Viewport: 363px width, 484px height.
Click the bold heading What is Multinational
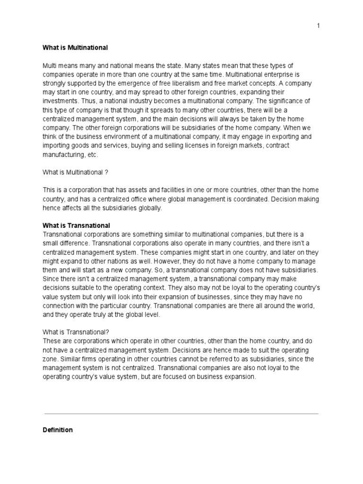click(x=75, y=48)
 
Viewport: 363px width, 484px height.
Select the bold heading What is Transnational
click(x=76, y=225)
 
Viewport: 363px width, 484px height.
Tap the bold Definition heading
click(x=58, y=430)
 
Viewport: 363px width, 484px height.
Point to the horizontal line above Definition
click(x=181, y=414)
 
